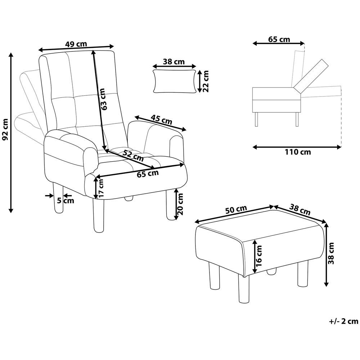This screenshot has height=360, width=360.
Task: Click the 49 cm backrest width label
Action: [x=76, y=44]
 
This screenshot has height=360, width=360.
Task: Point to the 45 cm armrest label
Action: [x=161, y=120]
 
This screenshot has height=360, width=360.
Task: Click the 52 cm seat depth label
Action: [x=133, y=155]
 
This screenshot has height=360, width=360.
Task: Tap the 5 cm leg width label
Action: [x=66, y=201]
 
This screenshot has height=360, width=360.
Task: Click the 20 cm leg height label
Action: [x=180, y=204]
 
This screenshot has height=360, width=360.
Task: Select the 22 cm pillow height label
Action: [x=205, y=81]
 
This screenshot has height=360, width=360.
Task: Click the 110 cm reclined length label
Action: [x=298, y=152]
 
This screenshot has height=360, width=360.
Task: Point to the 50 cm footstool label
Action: [x=236, y=210]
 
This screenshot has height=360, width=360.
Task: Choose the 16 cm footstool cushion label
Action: [x=259, y=256]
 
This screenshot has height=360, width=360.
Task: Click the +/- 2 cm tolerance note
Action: [x=344, y=321]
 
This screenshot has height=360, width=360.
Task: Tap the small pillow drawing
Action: [x=175, y=81]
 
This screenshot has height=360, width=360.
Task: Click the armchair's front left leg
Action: [x=99, y=215]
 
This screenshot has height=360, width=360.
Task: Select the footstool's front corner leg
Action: [x=243, y=289]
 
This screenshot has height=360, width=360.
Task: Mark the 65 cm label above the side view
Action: [x=279, y=39]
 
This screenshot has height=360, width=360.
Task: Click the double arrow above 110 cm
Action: [x=297, y=147]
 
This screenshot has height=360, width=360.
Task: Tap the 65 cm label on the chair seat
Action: [x=148, y=174]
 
